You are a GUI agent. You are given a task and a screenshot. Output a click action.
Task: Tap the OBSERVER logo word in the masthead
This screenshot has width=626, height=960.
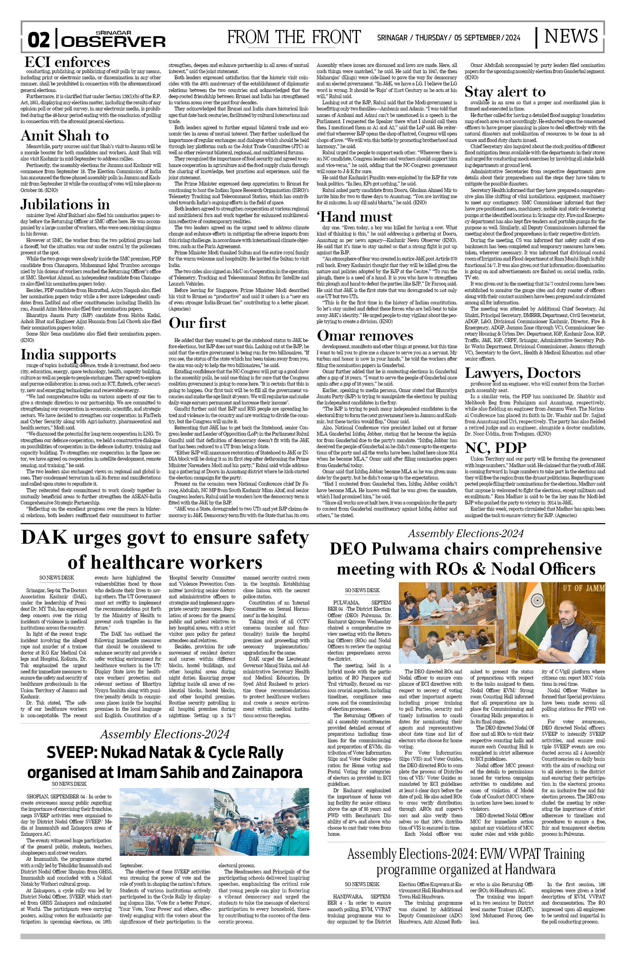click(x=114, y=41)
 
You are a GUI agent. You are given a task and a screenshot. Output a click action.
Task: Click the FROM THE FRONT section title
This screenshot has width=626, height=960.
click(x=294, y=37)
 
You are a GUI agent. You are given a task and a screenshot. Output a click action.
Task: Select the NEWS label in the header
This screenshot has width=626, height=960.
click(x=571, y=36)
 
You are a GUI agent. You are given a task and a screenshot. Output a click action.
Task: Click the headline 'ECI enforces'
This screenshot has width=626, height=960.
click(x=67, y=62)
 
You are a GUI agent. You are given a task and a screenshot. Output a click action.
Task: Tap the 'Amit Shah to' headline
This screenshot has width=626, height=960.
click(x=65, y=135)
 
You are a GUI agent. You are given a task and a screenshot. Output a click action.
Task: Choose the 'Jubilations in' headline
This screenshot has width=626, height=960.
click(x=65, y=204)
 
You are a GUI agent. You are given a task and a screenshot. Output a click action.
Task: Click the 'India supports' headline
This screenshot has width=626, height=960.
click(x=68, y=354)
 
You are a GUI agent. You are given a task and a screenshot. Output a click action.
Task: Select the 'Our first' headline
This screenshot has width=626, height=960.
click(x=198, y=323)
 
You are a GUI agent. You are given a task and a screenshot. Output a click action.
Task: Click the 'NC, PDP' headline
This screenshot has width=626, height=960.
click(x=495, y=448)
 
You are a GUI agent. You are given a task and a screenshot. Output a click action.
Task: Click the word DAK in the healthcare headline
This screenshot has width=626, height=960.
click(x=44, y=538)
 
